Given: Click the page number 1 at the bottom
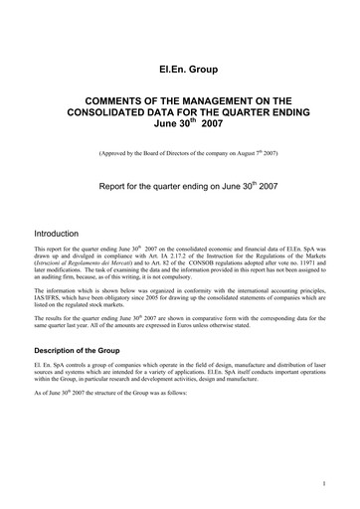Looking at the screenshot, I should pyautogui.click(x=325, y=484).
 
